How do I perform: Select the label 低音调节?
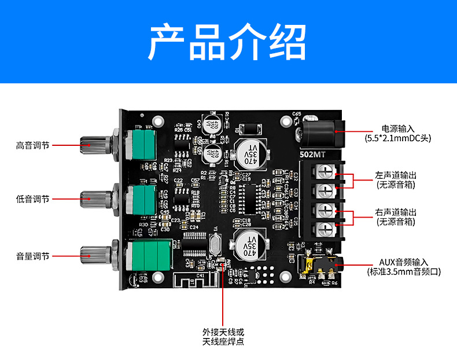(x=33, y=199)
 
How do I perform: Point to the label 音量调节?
(x=33, y=256)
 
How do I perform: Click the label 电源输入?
(x=397, y=128)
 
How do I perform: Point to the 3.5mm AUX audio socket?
(x=321, y=266)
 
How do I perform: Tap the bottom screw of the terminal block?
(x=327, y=227)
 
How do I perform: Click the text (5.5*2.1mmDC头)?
(x=397, y=138)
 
